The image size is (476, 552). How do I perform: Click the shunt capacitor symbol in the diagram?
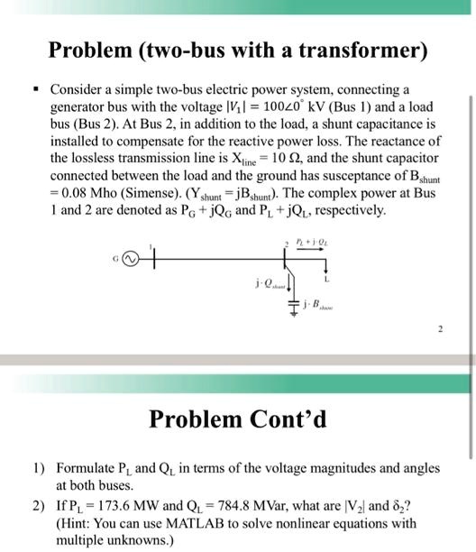(x=291, y=303)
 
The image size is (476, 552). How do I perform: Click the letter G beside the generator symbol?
(x=114, y=258)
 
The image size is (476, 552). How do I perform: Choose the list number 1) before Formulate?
(x=38, y=469)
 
